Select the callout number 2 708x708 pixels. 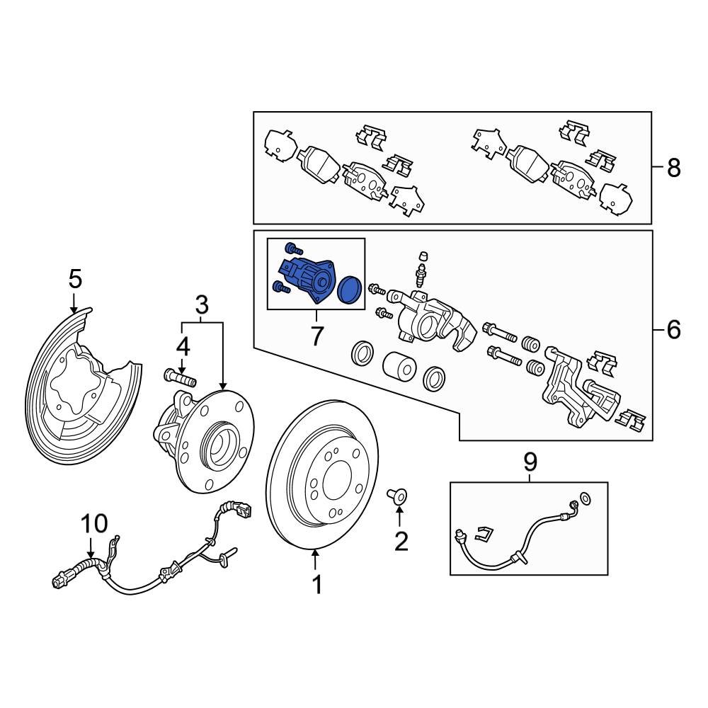coord(401,542)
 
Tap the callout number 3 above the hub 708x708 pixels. coord(202,306)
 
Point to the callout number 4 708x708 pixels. coord(183,348)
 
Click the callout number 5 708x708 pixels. coord(75,279)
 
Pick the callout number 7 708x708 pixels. coord(316,336)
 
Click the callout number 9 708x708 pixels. coord(530,462)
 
